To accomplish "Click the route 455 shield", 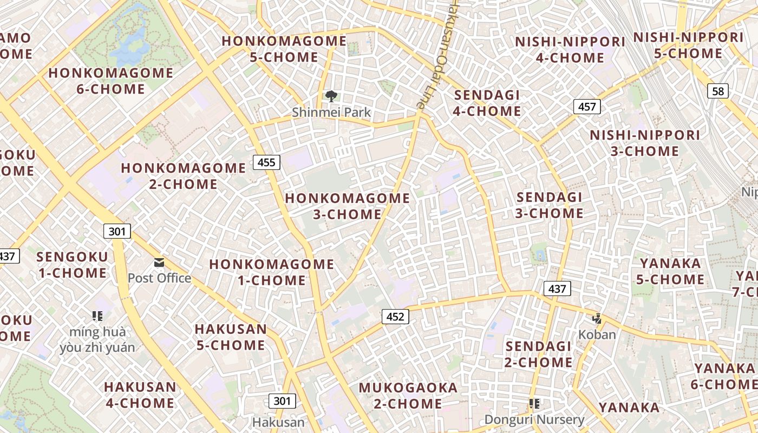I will click(266, 162).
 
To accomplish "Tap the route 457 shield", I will click(587, 107).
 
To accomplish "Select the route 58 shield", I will click(718, 91).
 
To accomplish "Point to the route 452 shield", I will click(395, 316).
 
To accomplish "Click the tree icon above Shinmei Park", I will click(331, 97).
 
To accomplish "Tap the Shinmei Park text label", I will click(331, 113).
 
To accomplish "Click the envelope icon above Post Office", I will click(159, 263).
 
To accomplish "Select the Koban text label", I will click(597, 334).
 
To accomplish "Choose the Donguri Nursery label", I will click(534, 419).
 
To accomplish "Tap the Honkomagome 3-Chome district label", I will click(348, 206).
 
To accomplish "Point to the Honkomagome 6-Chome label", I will click(111, 81).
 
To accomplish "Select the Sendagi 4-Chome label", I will click(487, 103).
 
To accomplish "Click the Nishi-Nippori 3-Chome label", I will click(645, 143).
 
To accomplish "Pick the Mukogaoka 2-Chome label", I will click(408, 396).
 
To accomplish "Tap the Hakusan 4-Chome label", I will click(140, 395).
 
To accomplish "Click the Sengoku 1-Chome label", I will click(73, 265).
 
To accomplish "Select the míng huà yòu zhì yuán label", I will click(97, 339).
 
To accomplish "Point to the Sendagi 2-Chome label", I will click(538, 354).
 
